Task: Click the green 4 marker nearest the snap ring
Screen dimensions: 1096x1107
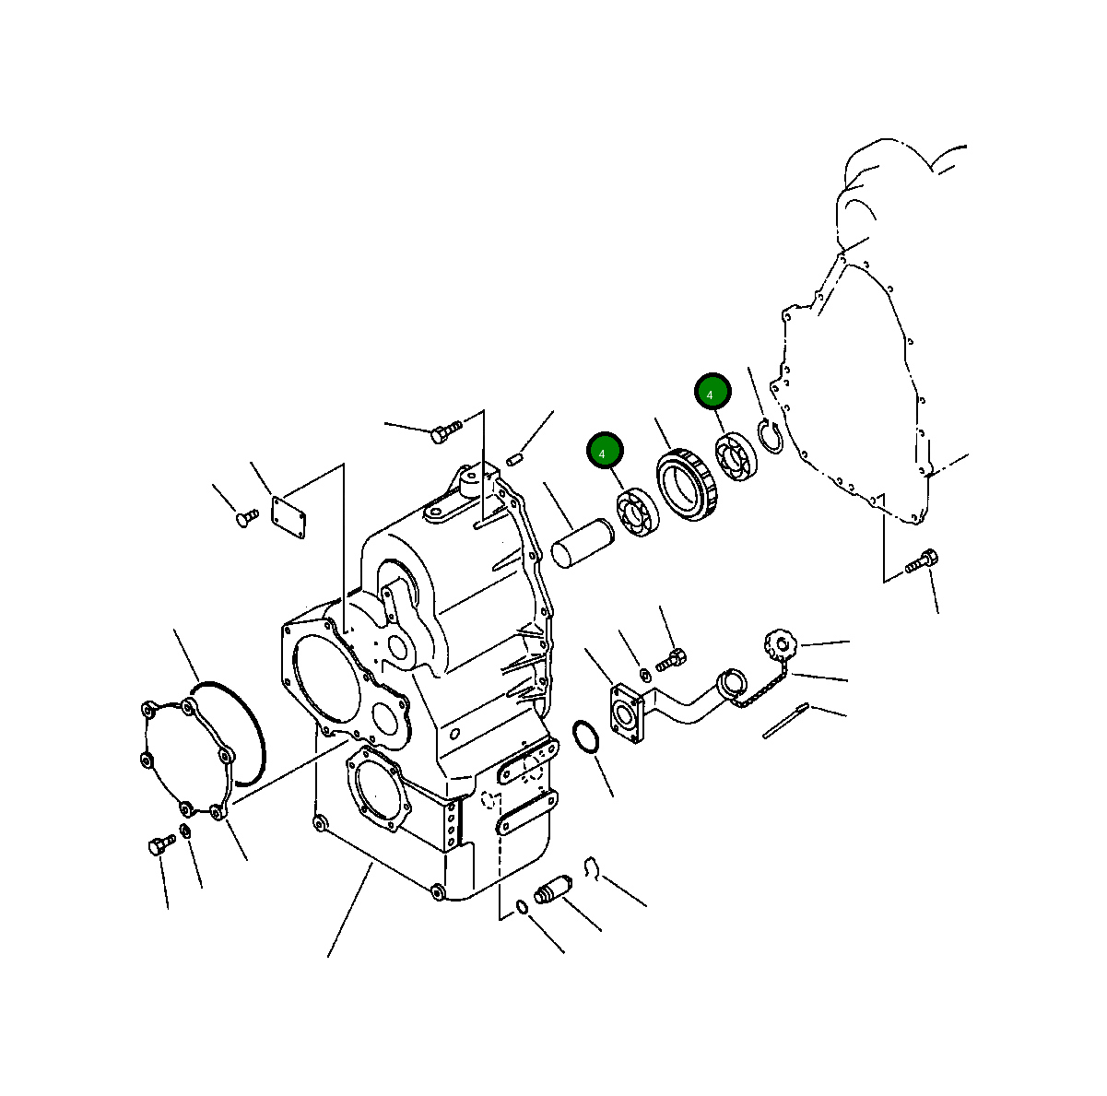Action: (712, 393)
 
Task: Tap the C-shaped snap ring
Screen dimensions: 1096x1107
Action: (770, 436)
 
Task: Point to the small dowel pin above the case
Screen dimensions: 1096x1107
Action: (516, 458)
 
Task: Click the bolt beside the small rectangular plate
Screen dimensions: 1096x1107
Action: (247, 519)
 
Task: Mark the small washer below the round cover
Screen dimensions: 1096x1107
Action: (184, 832)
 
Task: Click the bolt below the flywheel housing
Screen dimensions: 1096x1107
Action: (921, 560)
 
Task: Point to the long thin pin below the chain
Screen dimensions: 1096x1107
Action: (785, 721)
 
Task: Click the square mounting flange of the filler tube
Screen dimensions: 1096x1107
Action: (628, 712)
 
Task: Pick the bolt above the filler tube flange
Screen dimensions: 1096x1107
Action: (671, 660)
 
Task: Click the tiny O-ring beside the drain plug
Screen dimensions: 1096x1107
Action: (522, 907)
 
